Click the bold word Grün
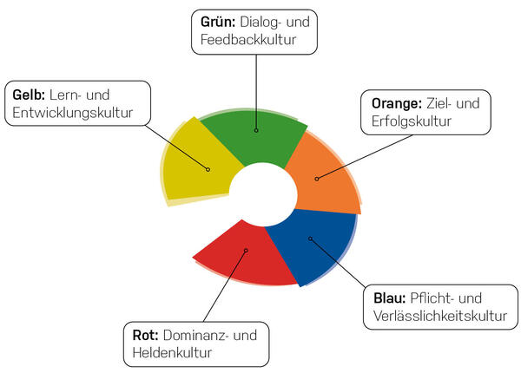218,23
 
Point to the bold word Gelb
29,95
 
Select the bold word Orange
397,104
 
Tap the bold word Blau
389,298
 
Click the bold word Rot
145,335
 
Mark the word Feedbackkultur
248,40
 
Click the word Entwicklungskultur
73,113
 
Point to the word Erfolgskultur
412,121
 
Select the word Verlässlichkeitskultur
440,316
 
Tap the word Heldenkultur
172,352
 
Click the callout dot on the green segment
256,130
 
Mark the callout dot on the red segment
246,251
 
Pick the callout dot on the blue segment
310,239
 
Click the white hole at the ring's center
262,195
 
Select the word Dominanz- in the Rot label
195,335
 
